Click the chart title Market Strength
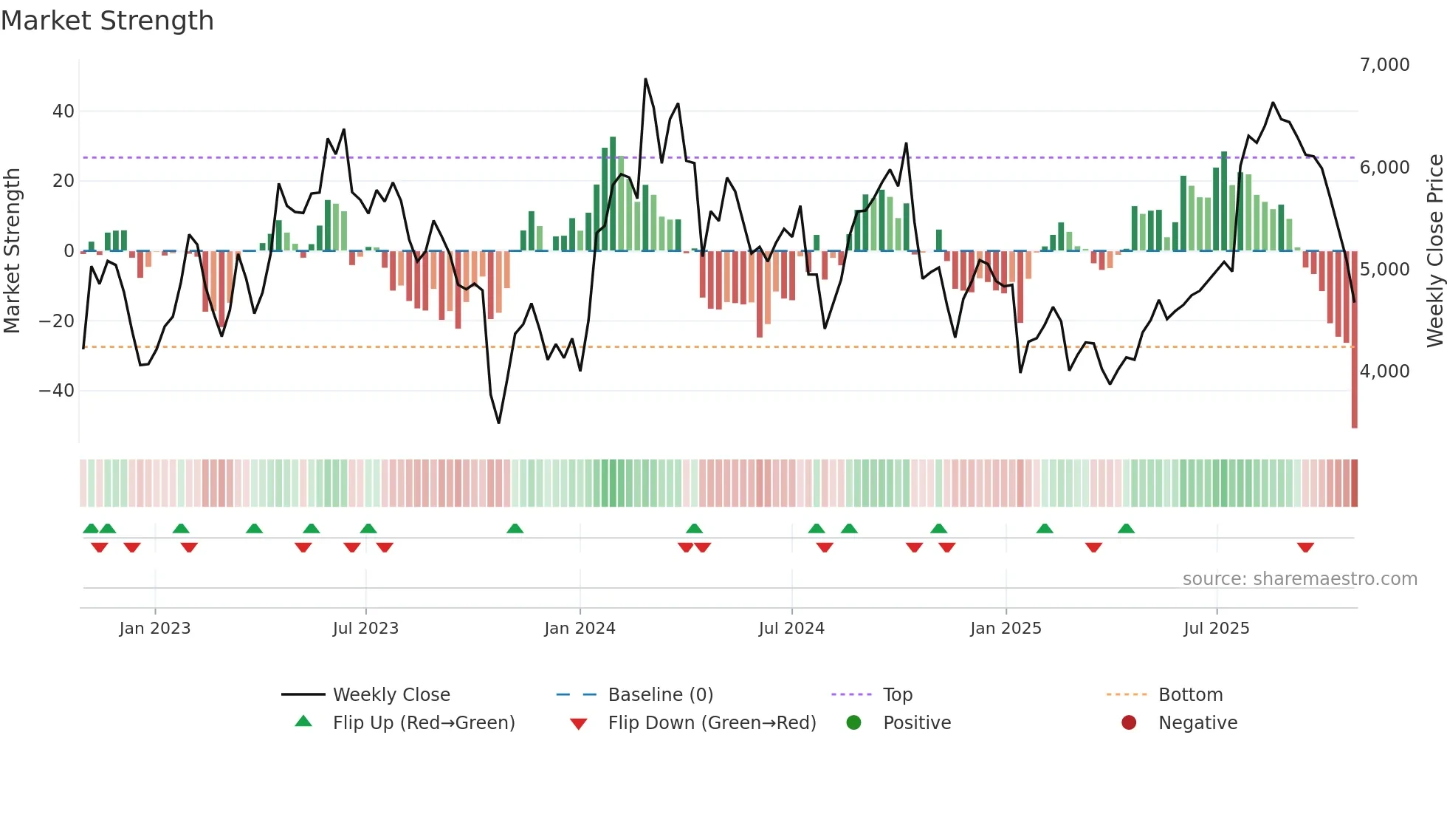pyautogui.click(x=107, y=20)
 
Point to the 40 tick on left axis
pyautogui.click(x=63, y=112)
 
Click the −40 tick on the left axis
pyautogui.click(x=57, y=391)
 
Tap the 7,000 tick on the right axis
pyautogui.click(x=1384, y=65)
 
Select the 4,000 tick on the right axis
pyautogui.click(x=1384, y=372)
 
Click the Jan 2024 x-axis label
pyautogui.click(x=580, y=629)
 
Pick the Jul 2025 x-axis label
pyautogui.click(x=1216, y=629)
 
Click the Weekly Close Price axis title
pyautogui.click(x=1434, y=251)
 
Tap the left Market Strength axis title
pyautogui.click(x=12, y=251)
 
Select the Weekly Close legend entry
pyautogui.click(x=391, y=695)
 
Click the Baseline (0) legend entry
pyautogui.click(x=660, y=695)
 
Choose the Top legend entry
pyautogui.click(x=898, y=695)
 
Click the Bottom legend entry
pyautogui.click(x=1190, y=695)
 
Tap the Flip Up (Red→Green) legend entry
pyautogui.click(x=423, y=723)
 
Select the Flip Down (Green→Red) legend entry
pyautogui.click(x=712, y=723)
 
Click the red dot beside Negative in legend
pyautogui.click(x=1129, y=723)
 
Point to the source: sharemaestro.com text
pyautogui.click(x=1299, y=579)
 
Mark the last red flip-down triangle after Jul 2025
pyautogui.click(x=1305, y=547)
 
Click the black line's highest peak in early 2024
pyautogui.click(x=645, y=79)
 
